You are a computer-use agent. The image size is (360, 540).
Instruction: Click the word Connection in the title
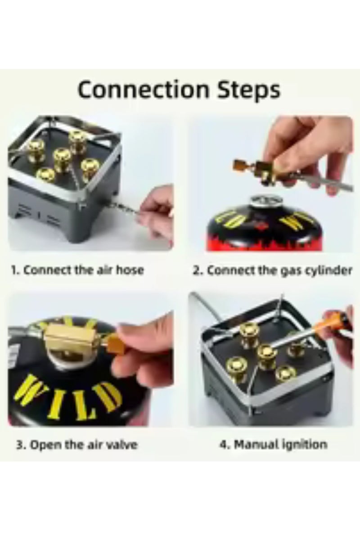(137, 90)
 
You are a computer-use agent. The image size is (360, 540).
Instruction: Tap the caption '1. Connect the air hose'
(77, 270)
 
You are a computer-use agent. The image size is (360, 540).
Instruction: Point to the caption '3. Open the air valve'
(77, 445)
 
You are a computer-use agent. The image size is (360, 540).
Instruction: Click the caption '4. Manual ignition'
(273, 445)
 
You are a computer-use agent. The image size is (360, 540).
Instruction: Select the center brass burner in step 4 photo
(266, 353)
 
